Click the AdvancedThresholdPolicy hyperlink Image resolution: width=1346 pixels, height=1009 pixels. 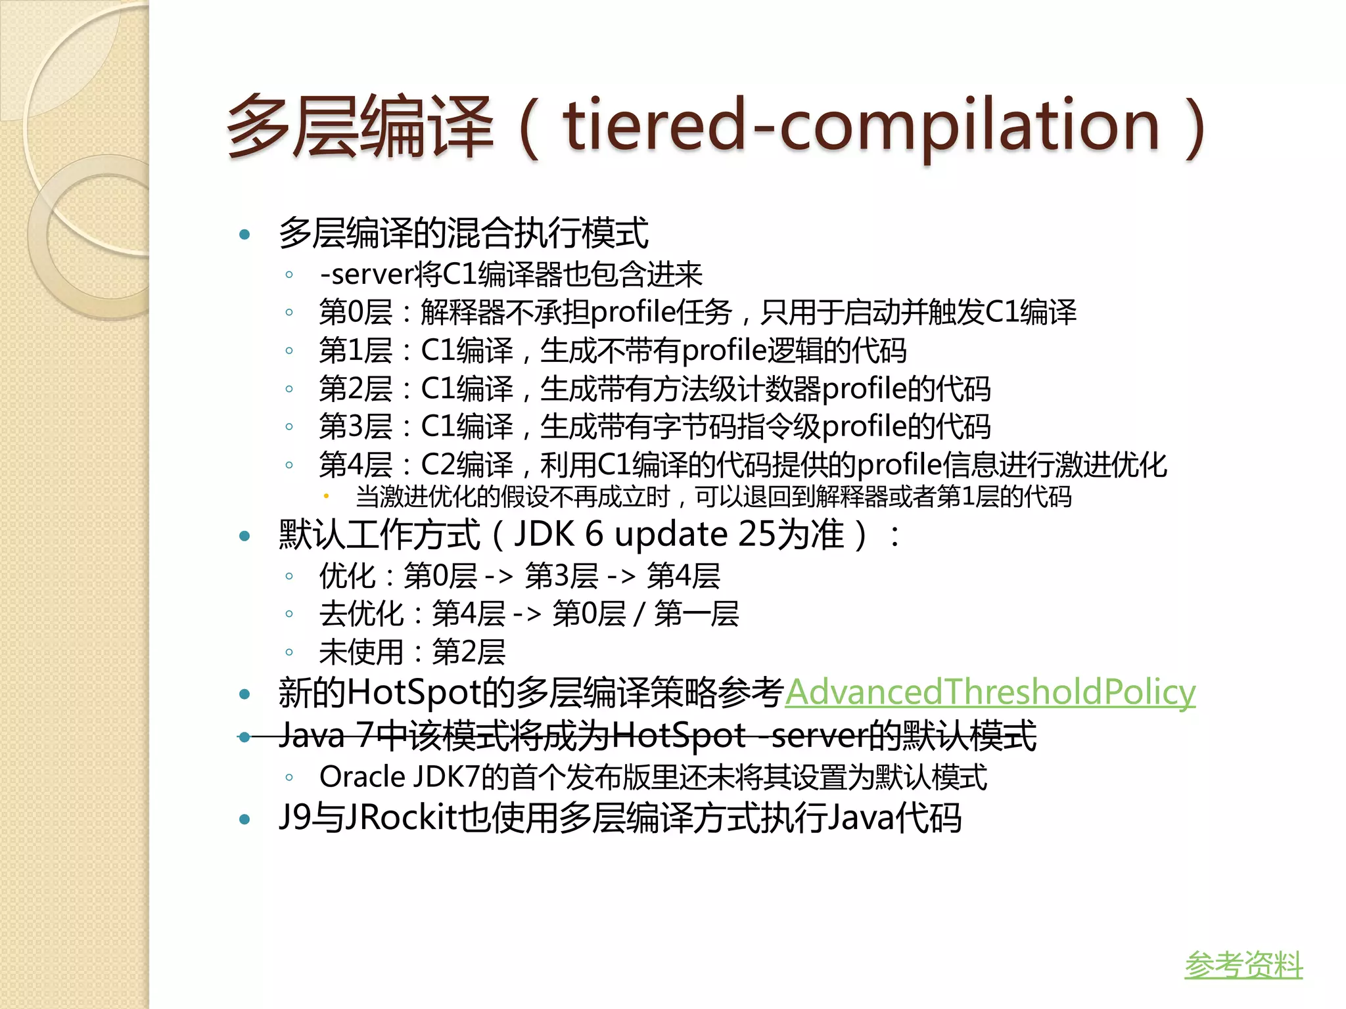click(990, 692)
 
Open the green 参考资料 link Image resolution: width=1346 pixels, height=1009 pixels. click(1243, 965)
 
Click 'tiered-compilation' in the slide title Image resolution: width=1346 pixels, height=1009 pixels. click(861, 126)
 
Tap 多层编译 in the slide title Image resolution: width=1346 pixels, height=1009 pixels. click(360, 126)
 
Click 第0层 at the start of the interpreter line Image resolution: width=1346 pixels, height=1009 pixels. click(356, 312)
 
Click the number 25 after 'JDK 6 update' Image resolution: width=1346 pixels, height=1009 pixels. click(757, 534)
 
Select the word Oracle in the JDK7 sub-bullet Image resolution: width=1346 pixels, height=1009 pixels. click(362, 777)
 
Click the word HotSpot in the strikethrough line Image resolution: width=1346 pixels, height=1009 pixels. click(679, 736)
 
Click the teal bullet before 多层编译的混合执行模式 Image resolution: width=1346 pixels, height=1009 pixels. click(245, 235)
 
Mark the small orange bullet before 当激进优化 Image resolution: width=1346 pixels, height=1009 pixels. click(326, 497)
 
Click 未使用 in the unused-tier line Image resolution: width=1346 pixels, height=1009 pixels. click(361, 652)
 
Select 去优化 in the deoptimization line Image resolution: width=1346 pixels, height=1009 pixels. click(361, 614)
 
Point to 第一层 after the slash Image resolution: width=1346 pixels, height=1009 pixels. click(696, 614)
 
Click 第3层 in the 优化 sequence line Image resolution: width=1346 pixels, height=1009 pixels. click(561, 576)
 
